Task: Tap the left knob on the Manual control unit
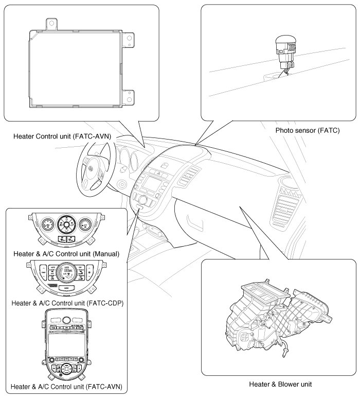46,224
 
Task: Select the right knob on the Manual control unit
85,224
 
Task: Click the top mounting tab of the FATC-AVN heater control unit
50,23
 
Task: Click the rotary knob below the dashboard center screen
143,199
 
